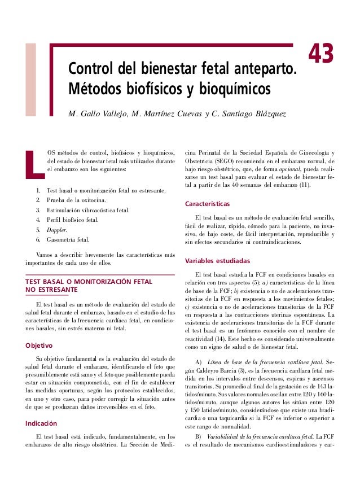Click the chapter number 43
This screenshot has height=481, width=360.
tap(321, 55)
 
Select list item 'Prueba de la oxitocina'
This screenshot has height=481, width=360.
tap(75, 200)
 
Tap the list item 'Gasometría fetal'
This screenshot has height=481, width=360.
tap(68, 239)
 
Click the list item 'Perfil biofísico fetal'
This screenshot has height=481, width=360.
tap(72, 220)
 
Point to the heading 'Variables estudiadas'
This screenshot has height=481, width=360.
tap(217, 262)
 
